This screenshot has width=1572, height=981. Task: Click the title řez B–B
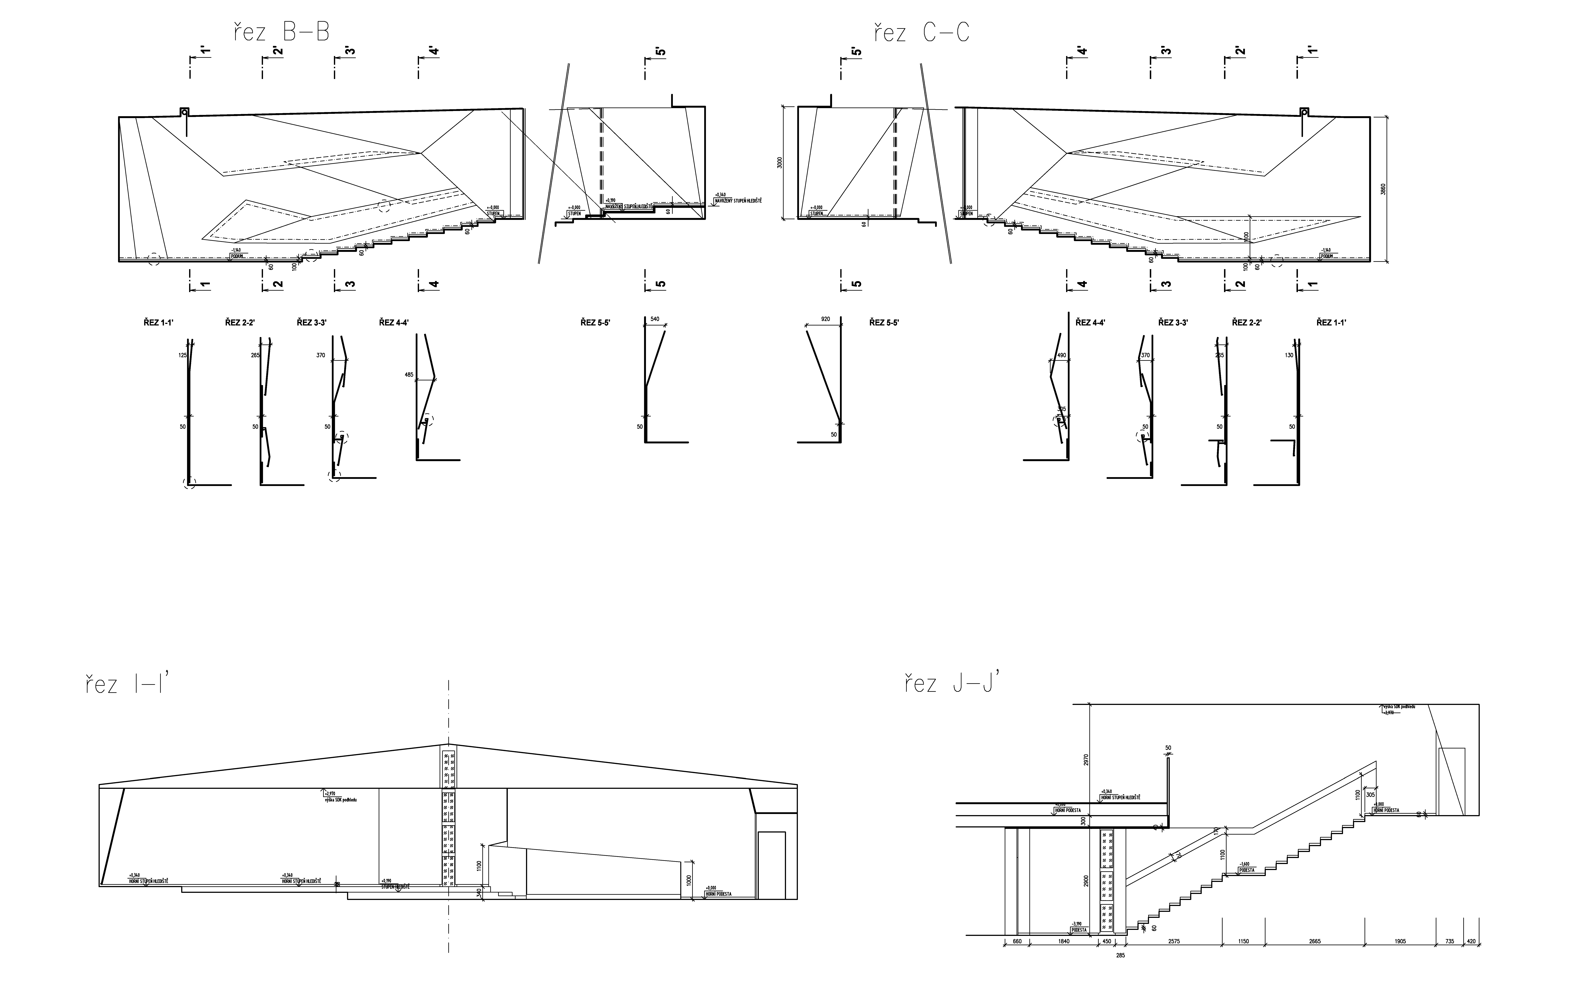(x=282, y=32)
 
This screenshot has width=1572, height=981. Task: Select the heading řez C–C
(x=921, y=32)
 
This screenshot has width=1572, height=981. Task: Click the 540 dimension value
(x=654, y=319)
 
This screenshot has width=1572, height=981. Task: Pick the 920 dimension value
(x=825, y=319)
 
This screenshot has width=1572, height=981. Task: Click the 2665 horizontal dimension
(x=1296, y=941)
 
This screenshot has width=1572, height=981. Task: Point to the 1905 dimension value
(x=1400, y=941)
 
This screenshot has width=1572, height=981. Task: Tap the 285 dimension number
(x=1121, y=956)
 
